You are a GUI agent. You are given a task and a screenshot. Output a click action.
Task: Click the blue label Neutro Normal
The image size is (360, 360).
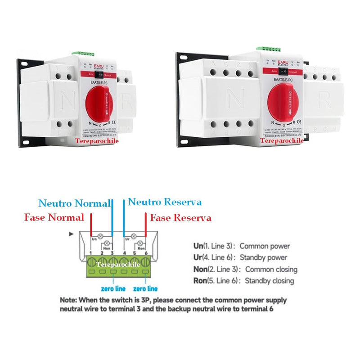click(74, 203)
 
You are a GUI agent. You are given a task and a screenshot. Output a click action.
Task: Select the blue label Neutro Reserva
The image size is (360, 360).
click(165, 202)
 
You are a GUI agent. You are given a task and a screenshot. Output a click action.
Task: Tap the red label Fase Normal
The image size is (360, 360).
click(54, 218)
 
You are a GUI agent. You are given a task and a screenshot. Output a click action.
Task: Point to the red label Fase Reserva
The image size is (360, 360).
click(180, 218)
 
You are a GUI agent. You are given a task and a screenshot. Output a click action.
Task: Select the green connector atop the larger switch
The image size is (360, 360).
click(269, 48)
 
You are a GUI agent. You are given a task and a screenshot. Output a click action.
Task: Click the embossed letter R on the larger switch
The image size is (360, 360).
click(324, 100)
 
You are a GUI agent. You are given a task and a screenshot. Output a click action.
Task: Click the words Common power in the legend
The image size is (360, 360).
click(265, 246)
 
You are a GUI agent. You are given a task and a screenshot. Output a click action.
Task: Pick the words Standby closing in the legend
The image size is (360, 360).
click(269, 281)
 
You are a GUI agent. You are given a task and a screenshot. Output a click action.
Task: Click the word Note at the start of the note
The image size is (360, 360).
click(68, 300)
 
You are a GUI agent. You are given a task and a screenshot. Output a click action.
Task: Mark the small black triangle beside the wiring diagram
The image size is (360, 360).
click(70, 234)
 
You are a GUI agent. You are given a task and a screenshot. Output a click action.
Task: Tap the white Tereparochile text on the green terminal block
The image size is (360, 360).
click(118, 265)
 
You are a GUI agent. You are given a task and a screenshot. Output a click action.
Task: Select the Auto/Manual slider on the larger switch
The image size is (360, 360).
click(284, 71)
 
